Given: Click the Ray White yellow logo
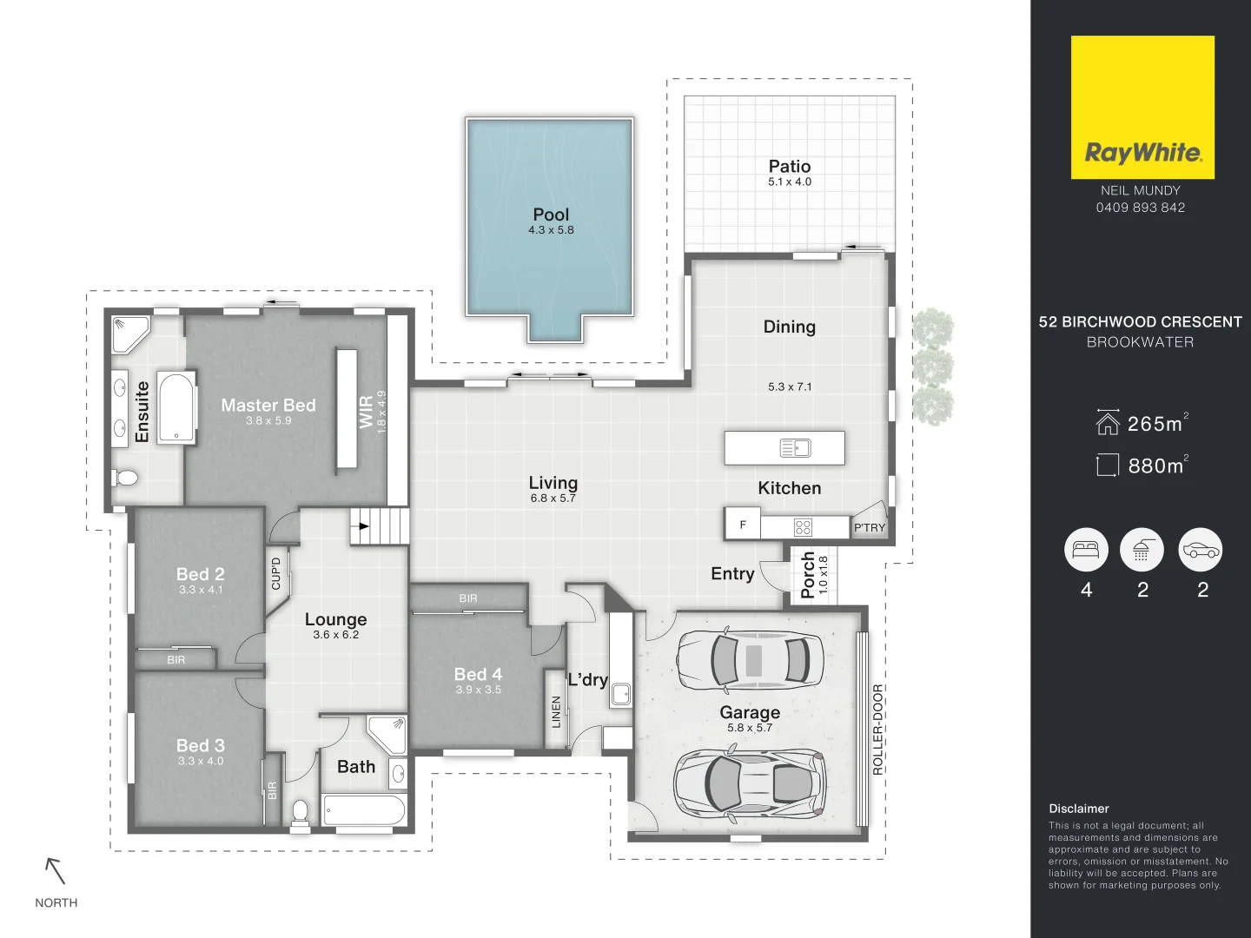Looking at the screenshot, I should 1142,107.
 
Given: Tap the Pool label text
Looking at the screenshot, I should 551,215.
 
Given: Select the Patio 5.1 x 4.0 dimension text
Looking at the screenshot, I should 789,182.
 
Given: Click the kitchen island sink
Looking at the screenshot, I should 795,448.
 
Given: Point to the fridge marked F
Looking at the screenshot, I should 743,525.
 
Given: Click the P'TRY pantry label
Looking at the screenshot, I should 869,527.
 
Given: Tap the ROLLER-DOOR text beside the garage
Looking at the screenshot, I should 877,730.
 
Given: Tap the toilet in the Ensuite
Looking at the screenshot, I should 125,477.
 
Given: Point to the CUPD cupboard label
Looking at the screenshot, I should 276,573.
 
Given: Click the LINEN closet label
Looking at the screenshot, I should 556,711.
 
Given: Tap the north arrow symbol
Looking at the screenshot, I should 56,870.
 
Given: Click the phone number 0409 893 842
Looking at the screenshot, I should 1140,208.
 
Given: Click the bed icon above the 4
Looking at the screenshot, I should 1086,550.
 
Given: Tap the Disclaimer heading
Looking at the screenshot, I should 1078,809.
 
